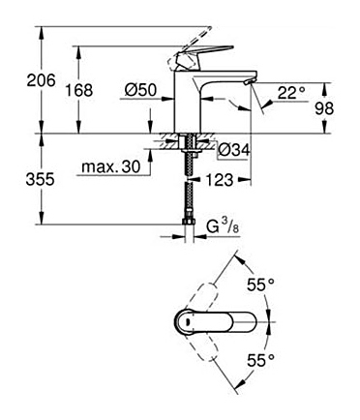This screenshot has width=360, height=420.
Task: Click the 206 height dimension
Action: [x=41, y=79]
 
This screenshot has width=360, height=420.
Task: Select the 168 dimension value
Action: [x=79, y=90]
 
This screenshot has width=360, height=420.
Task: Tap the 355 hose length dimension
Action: [x=41, y=179]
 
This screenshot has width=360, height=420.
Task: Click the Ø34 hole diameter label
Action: [x=234, y=150]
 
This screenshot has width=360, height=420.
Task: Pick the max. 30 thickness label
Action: [x=111, y=167]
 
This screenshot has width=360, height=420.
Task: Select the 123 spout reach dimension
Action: [x=220, y=180]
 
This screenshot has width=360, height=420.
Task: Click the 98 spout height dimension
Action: [x=324, y=108]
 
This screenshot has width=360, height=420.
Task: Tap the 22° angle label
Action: [x=291, y=94]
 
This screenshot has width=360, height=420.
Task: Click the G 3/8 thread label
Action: [x=224, y=228]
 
